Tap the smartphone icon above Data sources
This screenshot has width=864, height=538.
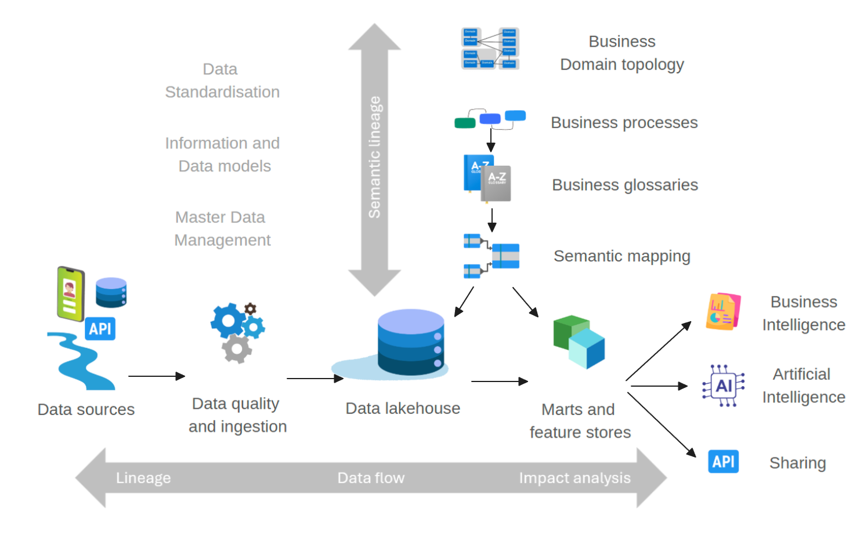coord(70,293)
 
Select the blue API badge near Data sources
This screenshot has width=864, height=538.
coord(100,329)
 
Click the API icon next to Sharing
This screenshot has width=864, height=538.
coord(723,461)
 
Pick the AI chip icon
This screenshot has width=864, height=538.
coord(723,386)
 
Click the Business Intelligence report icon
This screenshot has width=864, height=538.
coord(723,312)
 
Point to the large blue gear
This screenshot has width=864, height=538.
coord(228,320)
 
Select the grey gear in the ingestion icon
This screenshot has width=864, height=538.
coord(237,348)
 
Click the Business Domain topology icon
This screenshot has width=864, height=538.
coord(490,48)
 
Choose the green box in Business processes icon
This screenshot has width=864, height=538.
coord(464,123)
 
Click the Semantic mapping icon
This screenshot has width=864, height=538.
coord(491,256)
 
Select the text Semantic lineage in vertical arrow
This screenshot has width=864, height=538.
coord(374,158)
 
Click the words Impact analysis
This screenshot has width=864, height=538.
coord(574,478)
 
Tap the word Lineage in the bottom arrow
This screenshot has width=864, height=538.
coord(143,478)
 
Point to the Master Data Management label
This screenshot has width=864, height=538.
coord(222,228)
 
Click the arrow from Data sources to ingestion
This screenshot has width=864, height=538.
coord(156,376)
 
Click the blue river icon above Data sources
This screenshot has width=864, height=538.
coord(83,361)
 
